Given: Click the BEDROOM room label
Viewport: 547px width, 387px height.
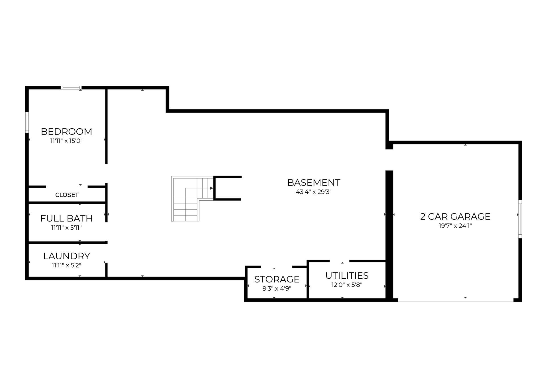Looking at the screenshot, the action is click(x=66, y=132).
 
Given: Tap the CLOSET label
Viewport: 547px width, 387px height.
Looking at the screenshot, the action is click(x=67, y=195).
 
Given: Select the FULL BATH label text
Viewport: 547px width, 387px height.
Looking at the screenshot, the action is click(x=66, y=219).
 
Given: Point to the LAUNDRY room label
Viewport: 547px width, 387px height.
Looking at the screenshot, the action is click(x=67, y=256).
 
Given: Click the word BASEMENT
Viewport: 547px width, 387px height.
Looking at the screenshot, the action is click(x=314, y=182).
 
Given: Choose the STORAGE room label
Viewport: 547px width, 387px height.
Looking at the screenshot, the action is click(x=277, y=279).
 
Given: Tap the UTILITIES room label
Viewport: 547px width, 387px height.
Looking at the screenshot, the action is click(x=347, y=276).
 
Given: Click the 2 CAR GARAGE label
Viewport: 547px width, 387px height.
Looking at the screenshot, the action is click(x=455, y=217).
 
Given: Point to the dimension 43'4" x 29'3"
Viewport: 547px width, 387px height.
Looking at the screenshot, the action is click(x=314, y=192).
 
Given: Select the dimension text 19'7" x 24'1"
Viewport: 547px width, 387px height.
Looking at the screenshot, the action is click(x=455, y=226).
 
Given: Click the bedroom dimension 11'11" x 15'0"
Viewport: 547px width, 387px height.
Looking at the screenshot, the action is click(x=66, y=141).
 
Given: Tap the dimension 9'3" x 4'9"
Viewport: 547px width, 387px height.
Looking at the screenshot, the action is click(x=277, y=288).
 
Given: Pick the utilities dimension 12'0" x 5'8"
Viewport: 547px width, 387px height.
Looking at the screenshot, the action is click(x=347, y=285).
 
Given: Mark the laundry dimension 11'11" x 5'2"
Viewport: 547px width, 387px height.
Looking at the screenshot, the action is click(x=66, y=265).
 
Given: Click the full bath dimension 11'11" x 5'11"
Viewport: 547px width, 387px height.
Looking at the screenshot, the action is click(x=66, y=228).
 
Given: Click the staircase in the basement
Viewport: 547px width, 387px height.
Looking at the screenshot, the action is click(x=192, y=199).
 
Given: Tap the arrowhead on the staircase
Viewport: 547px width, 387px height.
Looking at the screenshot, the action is click(x=212, y=188).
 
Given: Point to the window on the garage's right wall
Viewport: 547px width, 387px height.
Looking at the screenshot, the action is click(x=520, y=219).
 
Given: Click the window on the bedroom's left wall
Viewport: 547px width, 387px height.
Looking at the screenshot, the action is click(x=27, y=122).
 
